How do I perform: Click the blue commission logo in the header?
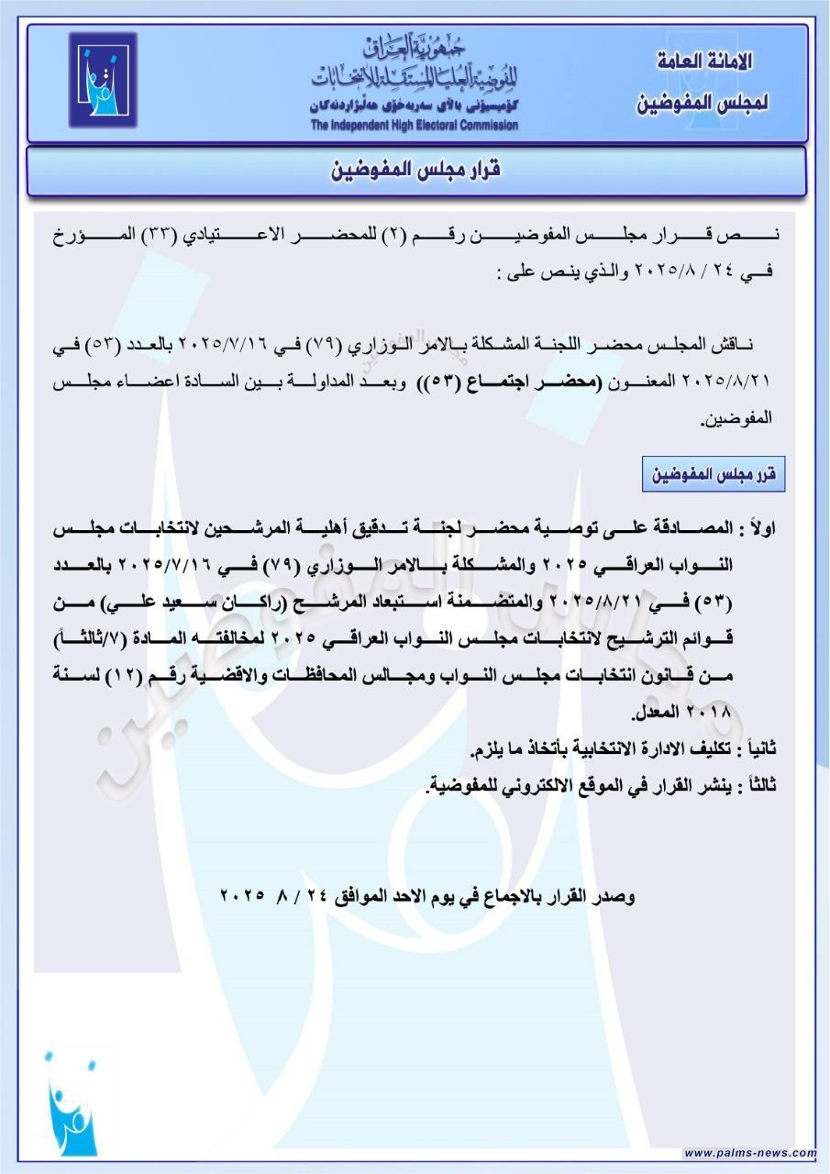(102, 80)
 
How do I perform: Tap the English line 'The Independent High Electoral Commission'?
(414, 126)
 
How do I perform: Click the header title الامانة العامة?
(705, 63)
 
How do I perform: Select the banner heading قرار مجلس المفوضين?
(415, 172)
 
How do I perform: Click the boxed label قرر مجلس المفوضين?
(714, 474)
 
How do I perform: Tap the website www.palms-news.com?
(749, 1153)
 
